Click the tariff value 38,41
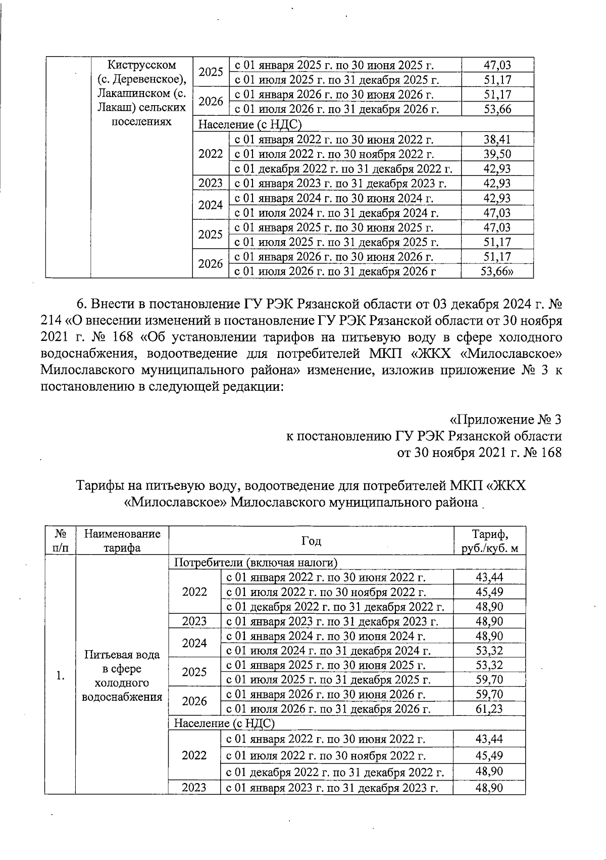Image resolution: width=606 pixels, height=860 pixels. (497, 140)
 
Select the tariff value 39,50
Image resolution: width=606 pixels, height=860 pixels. (497, 154)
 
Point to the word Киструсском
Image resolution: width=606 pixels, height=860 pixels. (142, 65)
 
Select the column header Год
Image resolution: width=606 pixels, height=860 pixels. (311, 541)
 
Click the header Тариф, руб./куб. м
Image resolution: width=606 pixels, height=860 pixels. (489, 541)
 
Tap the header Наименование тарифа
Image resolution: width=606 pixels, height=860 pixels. (122, 541)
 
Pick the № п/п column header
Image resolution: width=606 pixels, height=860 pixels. (60, 541)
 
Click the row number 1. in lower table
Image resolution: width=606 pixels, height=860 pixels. (60, 675)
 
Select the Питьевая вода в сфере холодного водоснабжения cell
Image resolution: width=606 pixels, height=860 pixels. (122, 675)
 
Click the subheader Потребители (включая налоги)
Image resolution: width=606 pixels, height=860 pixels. (256, 562)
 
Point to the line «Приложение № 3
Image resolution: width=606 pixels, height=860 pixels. (505, 420)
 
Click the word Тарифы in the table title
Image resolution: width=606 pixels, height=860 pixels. (99, 486)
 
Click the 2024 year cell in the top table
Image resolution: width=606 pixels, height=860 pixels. (211, 205)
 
